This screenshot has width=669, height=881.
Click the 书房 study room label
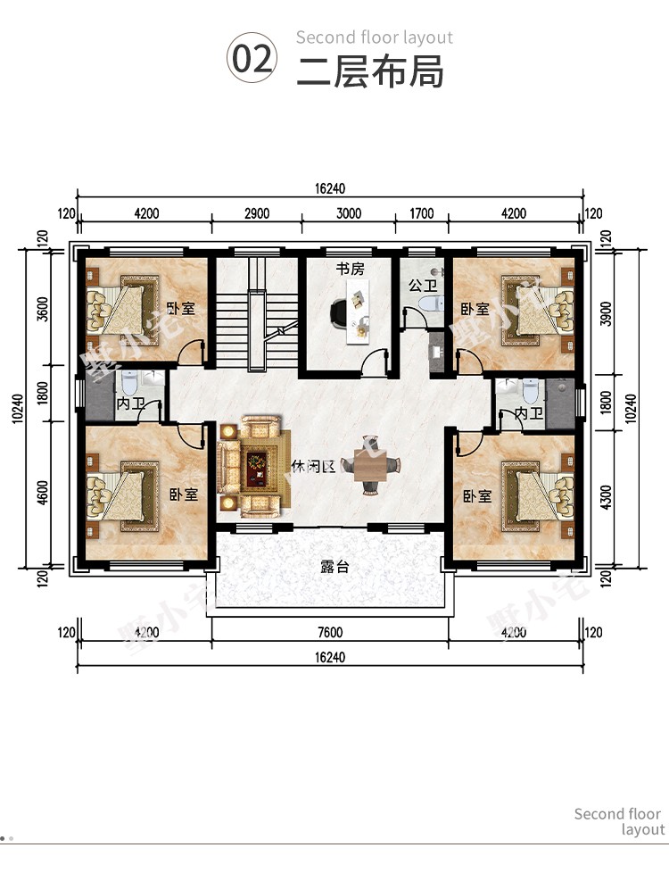(350, 270)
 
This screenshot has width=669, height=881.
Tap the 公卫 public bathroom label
(423, 286)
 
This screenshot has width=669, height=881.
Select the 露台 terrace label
(334, 566)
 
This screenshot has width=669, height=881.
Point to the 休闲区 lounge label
(313, 466)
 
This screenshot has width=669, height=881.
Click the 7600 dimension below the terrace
(330, 632)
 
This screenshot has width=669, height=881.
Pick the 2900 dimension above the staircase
(257, 213)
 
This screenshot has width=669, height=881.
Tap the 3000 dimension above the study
(349, 213)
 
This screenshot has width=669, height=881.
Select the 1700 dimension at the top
(421, 213)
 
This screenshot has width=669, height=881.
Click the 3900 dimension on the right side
(606, 314)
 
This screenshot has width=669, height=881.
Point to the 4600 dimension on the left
(43, 492)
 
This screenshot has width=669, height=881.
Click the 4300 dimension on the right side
(606, 497)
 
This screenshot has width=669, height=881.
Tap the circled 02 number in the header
(252, 58)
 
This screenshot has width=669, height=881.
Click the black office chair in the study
(339, 313)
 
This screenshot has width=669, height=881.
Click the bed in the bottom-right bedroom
(538, 496)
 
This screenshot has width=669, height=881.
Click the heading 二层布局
(370, 71)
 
